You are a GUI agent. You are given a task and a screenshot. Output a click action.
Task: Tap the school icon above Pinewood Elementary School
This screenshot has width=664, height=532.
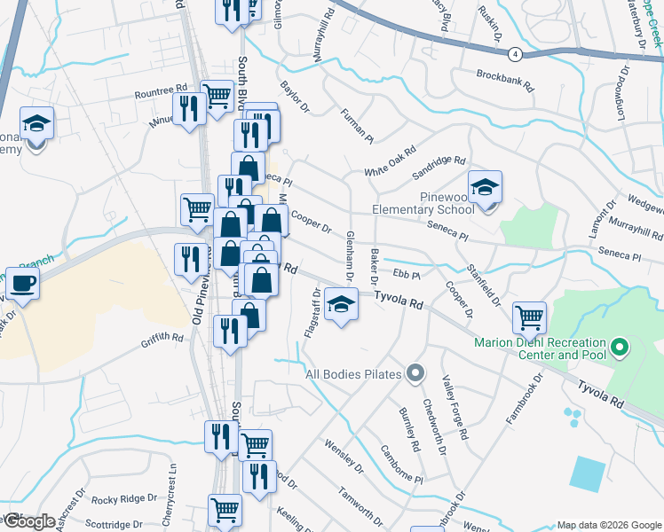pyautogui.click(x=486, y=188)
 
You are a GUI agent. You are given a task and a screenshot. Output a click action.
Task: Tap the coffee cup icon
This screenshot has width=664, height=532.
pyautogui.click(x=23, y=284)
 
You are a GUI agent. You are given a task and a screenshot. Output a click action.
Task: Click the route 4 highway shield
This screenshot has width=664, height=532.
pyautogui.click(x=515, y=54)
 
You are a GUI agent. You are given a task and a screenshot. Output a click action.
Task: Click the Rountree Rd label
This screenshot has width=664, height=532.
pyautogui.click(x=161, y=90)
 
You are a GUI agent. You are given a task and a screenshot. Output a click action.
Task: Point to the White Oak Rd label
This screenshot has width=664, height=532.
pyautogui.click(x=390, y=161)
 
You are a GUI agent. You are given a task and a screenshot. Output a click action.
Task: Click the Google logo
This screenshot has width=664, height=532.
pyautogui.click(x=28, y=520)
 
